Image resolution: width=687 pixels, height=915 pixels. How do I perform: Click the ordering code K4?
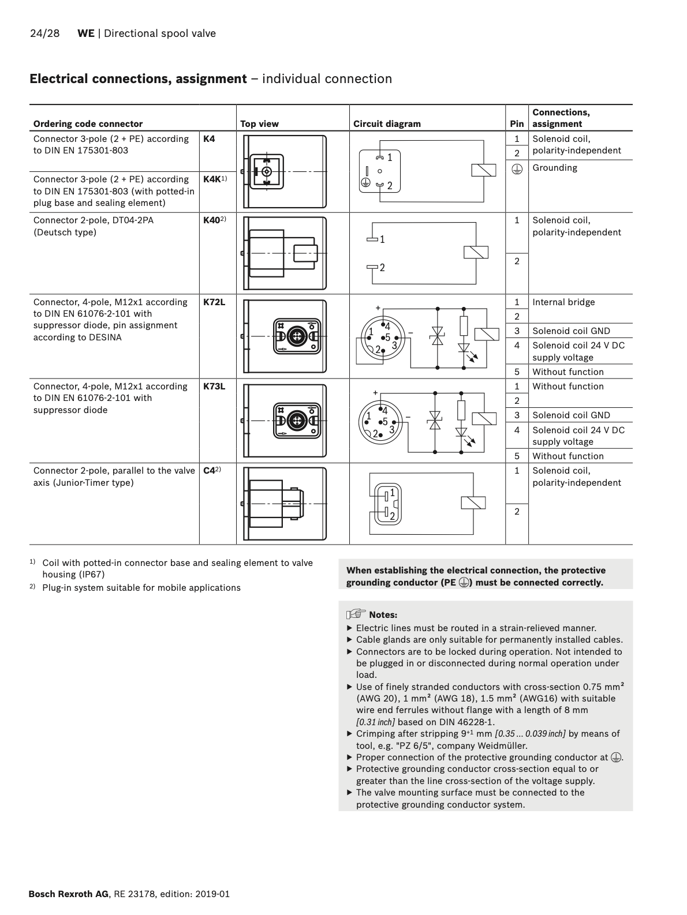209,139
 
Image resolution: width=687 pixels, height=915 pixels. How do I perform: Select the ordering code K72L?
214,302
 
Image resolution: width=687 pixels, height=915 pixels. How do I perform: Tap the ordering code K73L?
214,387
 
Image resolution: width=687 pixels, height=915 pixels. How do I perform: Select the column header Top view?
259,124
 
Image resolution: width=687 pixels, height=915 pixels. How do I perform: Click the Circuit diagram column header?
387,124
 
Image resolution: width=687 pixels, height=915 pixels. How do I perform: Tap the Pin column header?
517,124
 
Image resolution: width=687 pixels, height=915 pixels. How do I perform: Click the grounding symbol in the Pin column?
517,168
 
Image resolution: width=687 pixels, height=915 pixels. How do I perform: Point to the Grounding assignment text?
555,168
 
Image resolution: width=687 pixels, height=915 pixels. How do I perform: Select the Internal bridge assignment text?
563,302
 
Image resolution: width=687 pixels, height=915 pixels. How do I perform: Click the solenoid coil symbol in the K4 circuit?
484,170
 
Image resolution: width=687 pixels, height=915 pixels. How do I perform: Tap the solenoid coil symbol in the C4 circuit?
473,502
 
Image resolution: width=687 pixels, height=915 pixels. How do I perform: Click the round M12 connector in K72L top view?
297,336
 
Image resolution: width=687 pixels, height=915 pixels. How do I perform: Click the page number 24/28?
44,33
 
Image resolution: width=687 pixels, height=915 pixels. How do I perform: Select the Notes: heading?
383,615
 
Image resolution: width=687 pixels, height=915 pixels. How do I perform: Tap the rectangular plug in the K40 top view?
305,253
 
